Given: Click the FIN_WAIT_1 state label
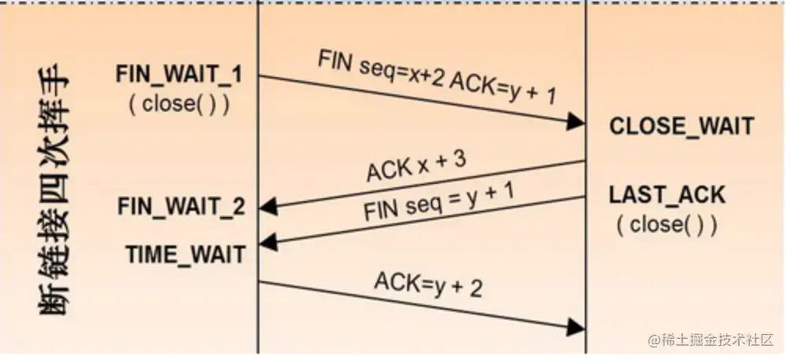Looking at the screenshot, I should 179,75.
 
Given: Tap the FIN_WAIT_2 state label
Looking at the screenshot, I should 181,207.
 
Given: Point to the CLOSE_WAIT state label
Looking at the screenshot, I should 681,126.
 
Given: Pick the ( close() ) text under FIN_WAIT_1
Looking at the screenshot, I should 180,105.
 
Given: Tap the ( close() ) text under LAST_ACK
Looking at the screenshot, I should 667,225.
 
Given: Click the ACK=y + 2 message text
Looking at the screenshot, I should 428,284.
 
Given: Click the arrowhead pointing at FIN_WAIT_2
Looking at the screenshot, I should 268,208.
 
